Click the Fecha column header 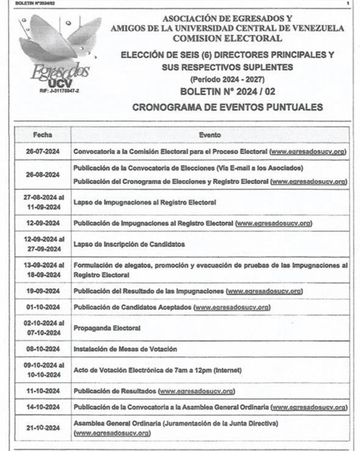point(43,135)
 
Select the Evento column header point(210,135)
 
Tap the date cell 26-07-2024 point(43,152)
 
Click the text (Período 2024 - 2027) point(228,80)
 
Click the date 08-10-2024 point(43,349)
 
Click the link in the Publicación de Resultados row point(196,391)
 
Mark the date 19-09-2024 point(43,291)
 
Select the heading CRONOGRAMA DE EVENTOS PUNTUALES point(228,107)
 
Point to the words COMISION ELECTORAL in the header point(228,39)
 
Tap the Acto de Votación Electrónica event point(158,370)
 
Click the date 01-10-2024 point(43,307)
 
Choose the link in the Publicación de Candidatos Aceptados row point(232,307)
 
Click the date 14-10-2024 point(43,407)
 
